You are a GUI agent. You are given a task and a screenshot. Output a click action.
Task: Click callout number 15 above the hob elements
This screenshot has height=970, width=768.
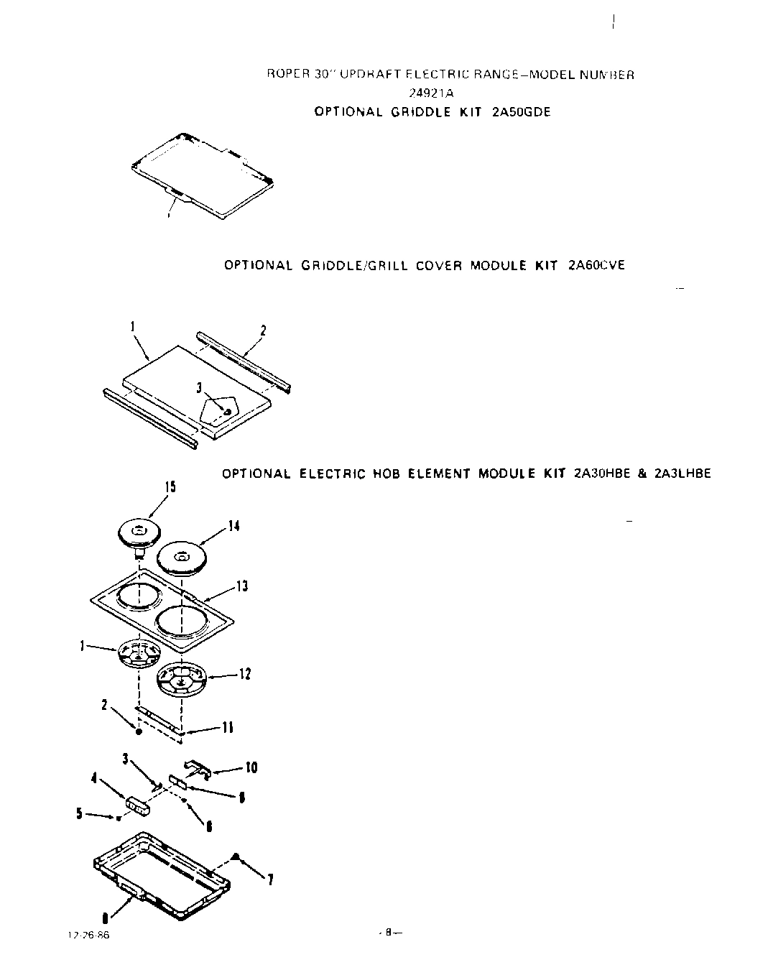170,487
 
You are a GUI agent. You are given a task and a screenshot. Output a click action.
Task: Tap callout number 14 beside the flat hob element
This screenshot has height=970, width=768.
233,526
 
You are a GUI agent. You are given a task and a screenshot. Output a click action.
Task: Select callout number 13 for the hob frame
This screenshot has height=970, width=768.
242,587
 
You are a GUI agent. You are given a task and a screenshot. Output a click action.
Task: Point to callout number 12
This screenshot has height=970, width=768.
245,674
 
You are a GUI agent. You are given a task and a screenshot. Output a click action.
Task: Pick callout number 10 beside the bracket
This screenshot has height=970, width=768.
251,767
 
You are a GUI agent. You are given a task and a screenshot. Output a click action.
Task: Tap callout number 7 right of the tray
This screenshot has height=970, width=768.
269,879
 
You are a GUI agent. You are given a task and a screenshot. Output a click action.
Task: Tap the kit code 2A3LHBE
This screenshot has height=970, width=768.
683,474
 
